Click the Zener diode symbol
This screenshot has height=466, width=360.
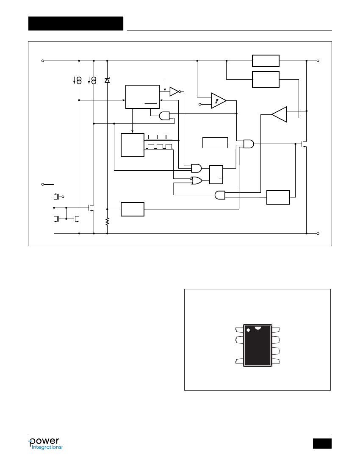pyautogui.click(x=107, y=80)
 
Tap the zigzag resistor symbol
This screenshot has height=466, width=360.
pyautogui.click(x=107, y=222)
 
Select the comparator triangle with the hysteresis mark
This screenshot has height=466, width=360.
pyautogui.click(x=219, y=101)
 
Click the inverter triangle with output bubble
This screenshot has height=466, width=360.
pyautogui.click(x=175, y=92)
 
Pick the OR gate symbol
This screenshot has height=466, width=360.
pyautogui.click(x=197, y=180)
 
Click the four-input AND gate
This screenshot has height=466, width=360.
pyautogui.click(x=249, y=144)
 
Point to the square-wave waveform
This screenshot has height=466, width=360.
pyautogui.click(x=159, y=147)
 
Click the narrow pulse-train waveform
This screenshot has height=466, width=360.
pyautogui.click(x=159, y=137)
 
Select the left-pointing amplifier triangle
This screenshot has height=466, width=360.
pyautogui.click(x=279, y=114)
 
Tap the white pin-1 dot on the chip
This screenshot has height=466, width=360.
pyautogui.click(x=248, y=330)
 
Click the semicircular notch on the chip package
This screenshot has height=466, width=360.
pyautogui.click(x=258, y=327)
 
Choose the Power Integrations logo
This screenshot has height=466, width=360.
pyautogui.click(x=45, y=444)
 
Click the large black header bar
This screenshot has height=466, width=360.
pyautogui.click(x=76, y=23)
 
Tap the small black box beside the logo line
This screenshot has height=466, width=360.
pyautogui.click(x=322, y=444)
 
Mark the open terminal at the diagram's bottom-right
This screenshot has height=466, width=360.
pyautogui.click(x=318, y=233)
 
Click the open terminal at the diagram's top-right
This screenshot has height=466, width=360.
pyautogui.click(x=318, y=61)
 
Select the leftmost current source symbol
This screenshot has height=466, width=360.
pyautogui.click(x=79, y=80)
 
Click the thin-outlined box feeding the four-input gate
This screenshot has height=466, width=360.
pyautogui.click(x=215, y=143)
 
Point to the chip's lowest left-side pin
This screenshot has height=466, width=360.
pyautogui.click(x=239, y=361)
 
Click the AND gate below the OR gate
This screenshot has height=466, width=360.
pyautogui.click(x=220, y=195)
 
